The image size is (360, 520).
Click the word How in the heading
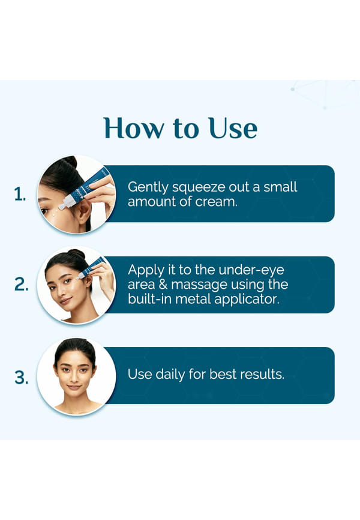(x=133, y=128)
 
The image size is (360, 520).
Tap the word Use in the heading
(x=233, y=128)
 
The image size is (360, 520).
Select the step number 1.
(x=20, y=194)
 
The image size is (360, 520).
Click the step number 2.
(x=21, y=284)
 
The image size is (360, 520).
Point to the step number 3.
(x=21, y=378)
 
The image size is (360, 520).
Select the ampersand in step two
(x=163, y=285)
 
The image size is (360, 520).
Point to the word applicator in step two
(x=246, y=300)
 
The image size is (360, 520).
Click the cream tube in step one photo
(x=86, y=189)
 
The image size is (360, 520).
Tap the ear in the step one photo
(x=83, y=214)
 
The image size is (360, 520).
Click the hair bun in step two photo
(x=77, y=254)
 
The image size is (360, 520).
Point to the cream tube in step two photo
(x=91, y=268)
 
